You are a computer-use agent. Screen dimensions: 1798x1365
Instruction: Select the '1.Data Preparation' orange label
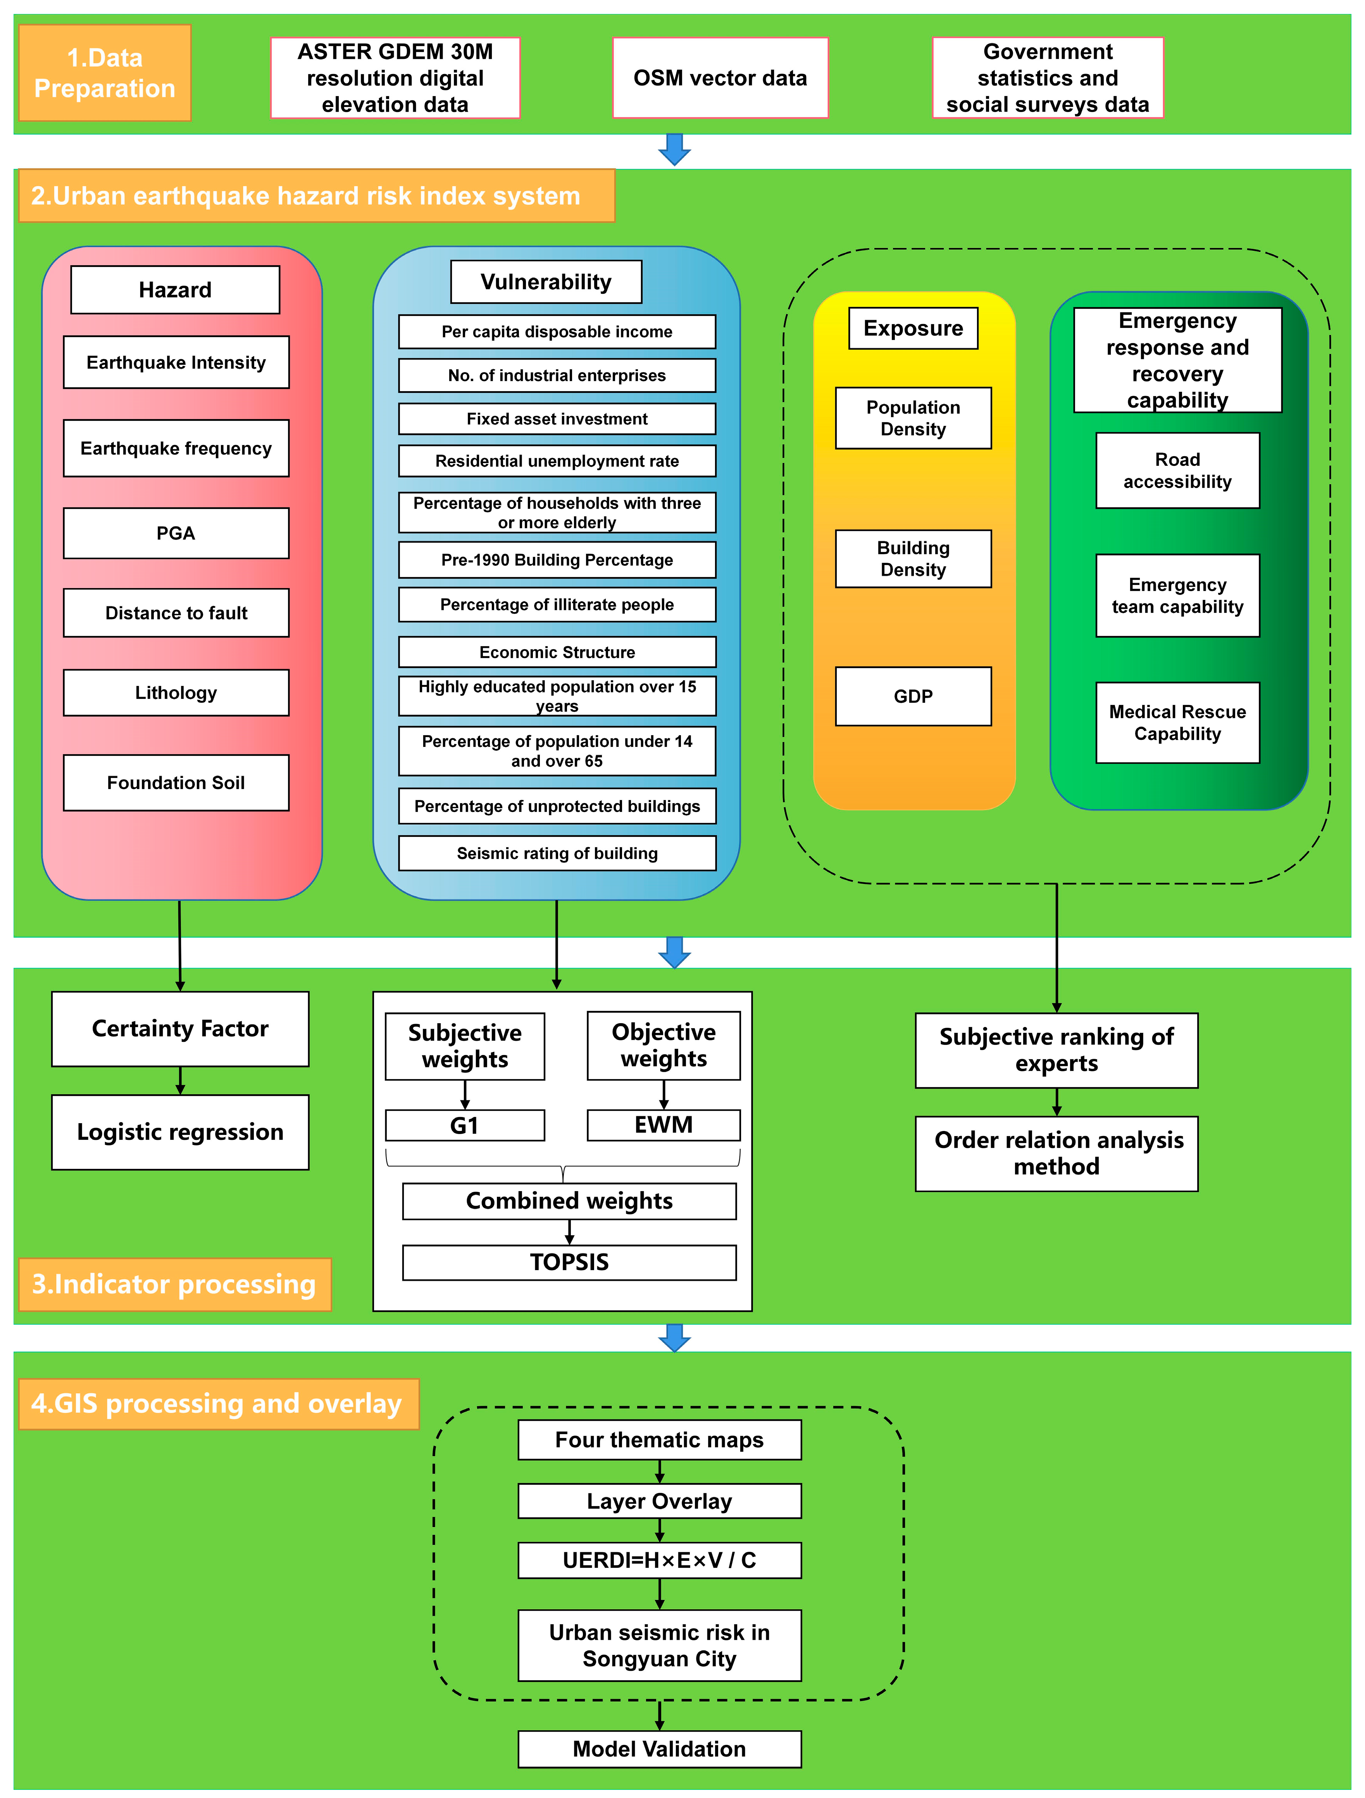[105, 73]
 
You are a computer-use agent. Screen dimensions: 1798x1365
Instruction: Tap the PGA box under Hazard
[176, 533]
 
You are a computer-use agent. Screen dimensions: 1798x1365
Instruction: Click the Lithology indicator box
[176, 693]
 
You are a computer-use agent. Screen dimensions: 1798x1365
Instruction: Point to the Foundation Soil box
[176, 783]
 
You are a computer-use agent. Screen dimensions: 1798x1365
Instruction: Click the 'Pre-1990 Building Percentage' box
[557, 560]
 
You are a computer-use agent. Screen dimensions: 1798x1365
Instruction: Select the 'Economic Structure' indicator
[557, 652]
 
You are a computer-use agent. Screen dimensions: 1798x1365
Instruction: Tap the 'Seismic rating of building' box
[557, 853]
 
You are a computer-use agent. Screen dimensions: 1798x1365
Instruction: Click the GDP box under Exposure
[913, 696]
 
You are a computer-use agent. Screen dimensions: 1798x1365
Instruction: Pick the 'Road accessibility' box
[1177, 471]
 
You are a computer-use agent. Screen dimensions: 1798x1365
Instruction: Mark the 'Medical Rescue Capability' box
[1177, 722]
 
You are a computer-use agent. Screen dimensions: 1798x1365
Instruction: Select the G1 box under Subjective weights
[464, 1126]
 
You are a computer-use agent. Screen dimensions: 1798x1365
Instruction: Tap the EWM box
[664, 1125]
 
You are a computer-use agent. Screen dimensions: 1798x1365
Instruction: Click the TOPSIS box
[569, 1262]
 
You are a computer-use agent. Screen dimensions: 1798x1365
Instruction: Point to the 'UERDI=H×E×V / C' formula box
[659, 1561]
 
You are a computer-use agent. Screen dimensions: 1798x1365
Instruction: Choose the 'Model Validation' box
[659, 1749]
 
